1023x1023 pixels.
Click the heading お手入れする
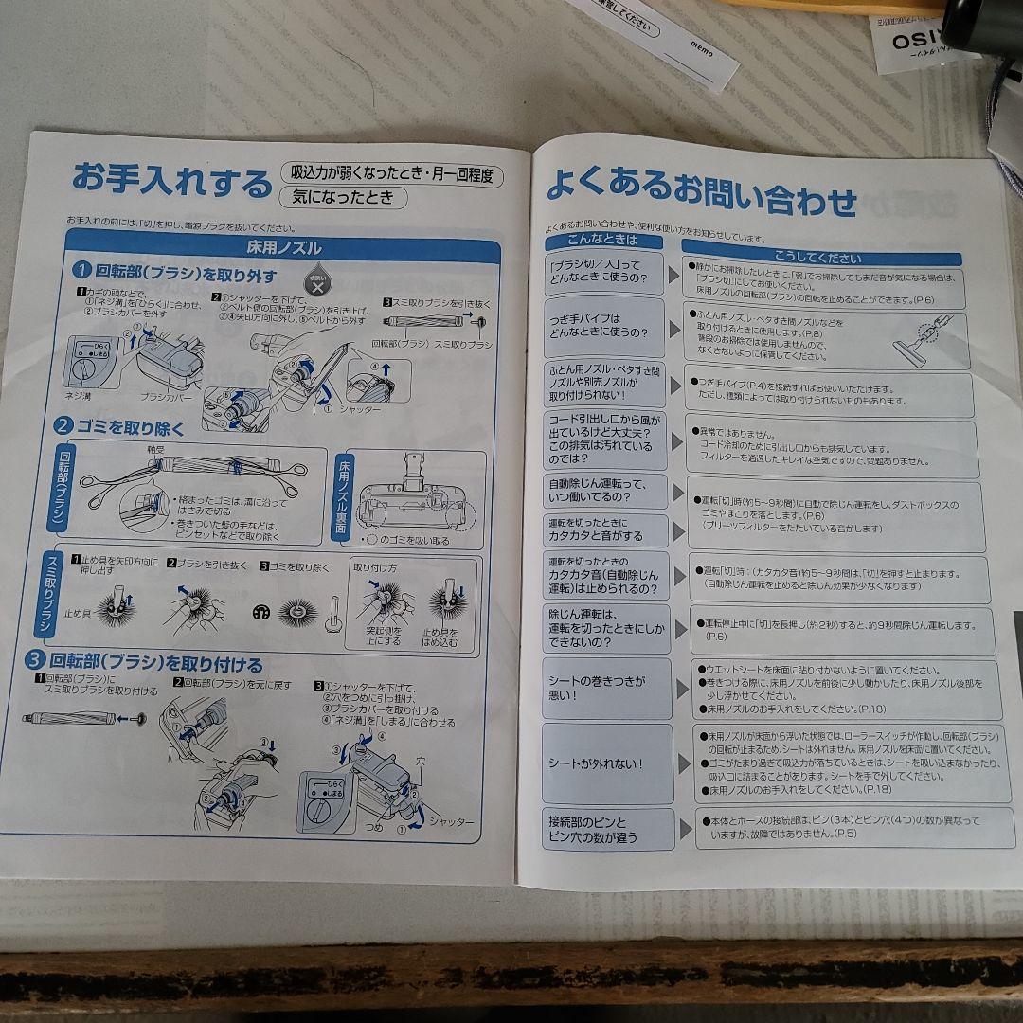pyautogui.click(x=171, y=180)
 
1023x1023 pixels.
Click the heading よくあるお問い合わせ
pyautogui.click(x=700, y=194)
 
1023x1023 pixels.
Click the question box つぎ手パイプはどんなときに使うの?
pyautogui.click(x=603, y=326)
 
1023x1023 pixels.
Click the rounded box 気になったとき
pyautogui.click(x=342, y=198)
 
